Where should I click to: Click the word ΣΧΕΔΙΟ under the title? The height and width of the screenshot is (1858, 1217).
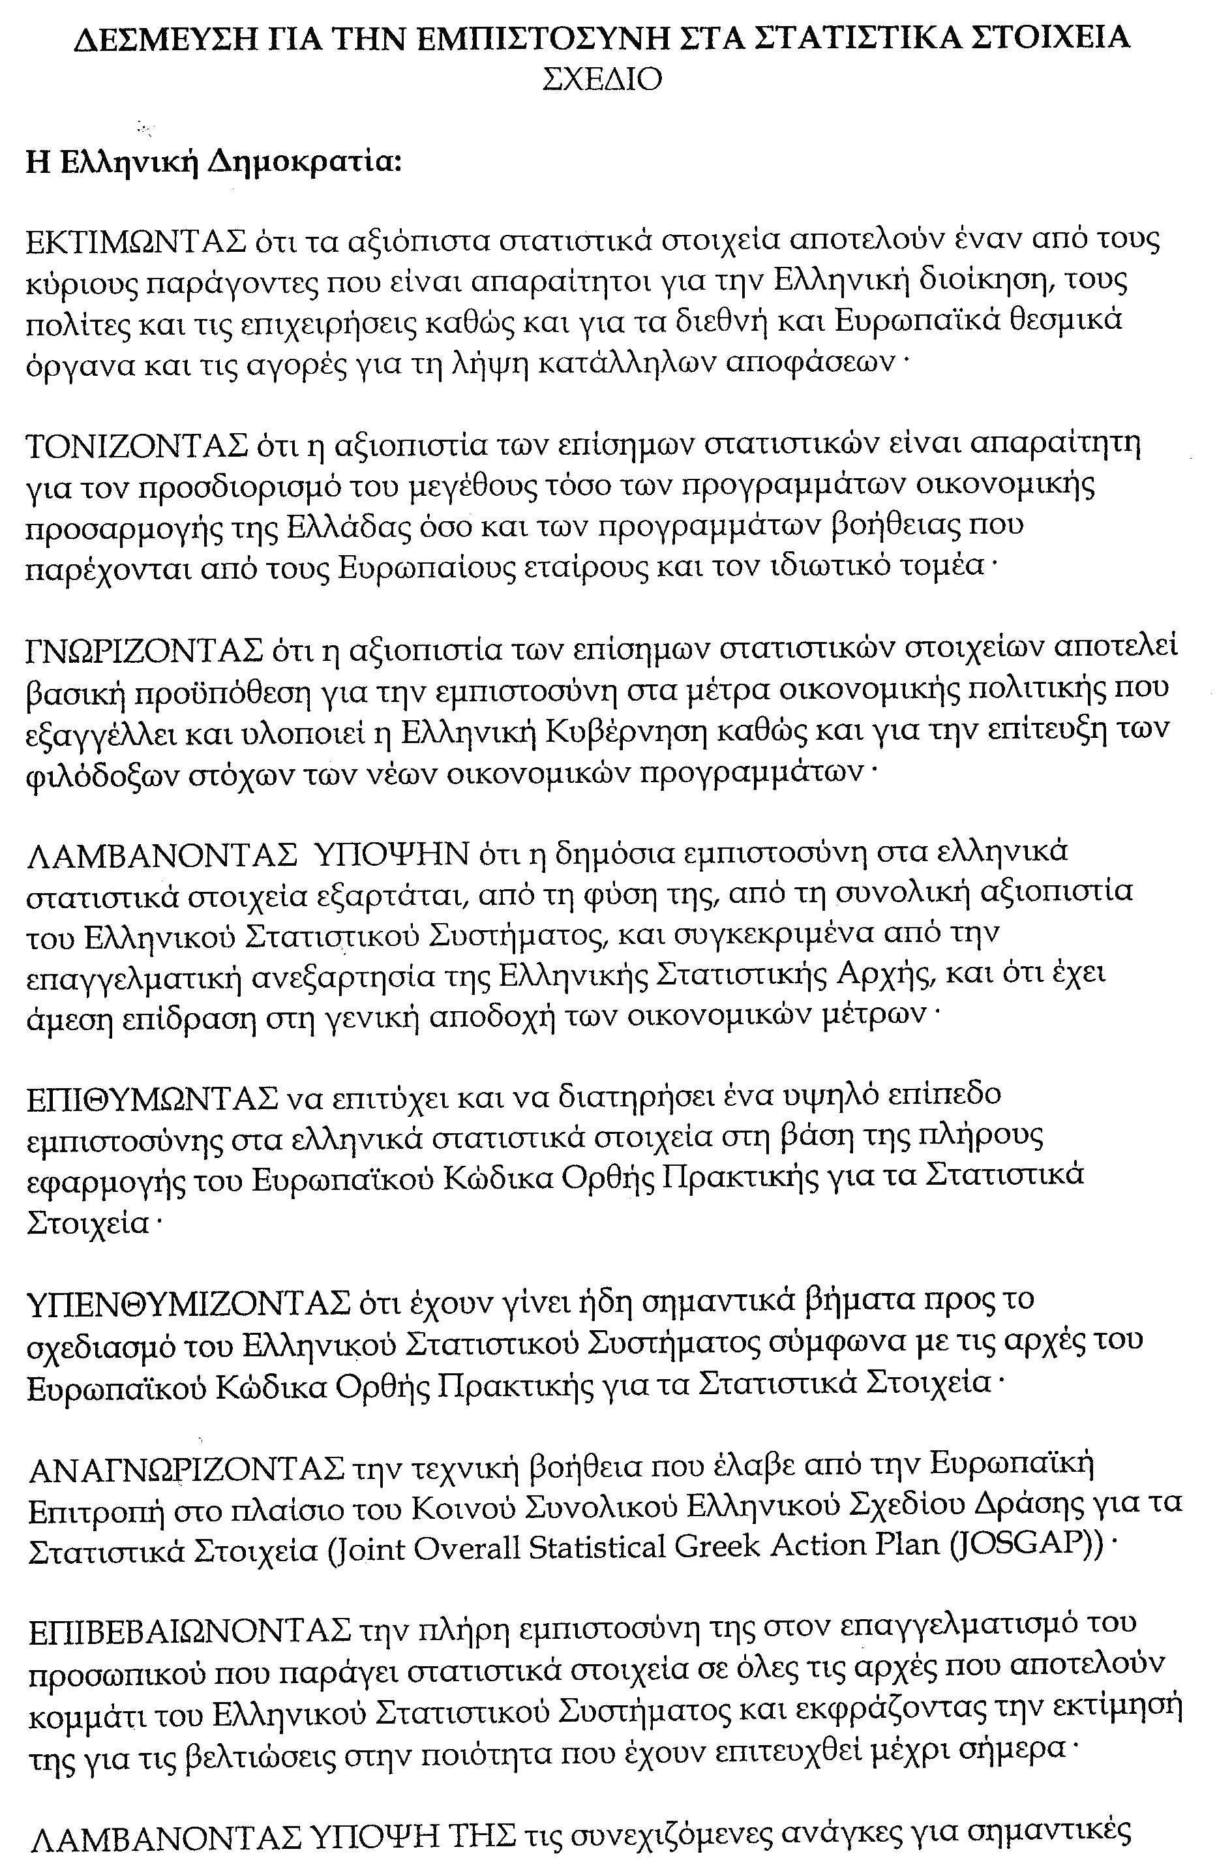click(x=602, y=80)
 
